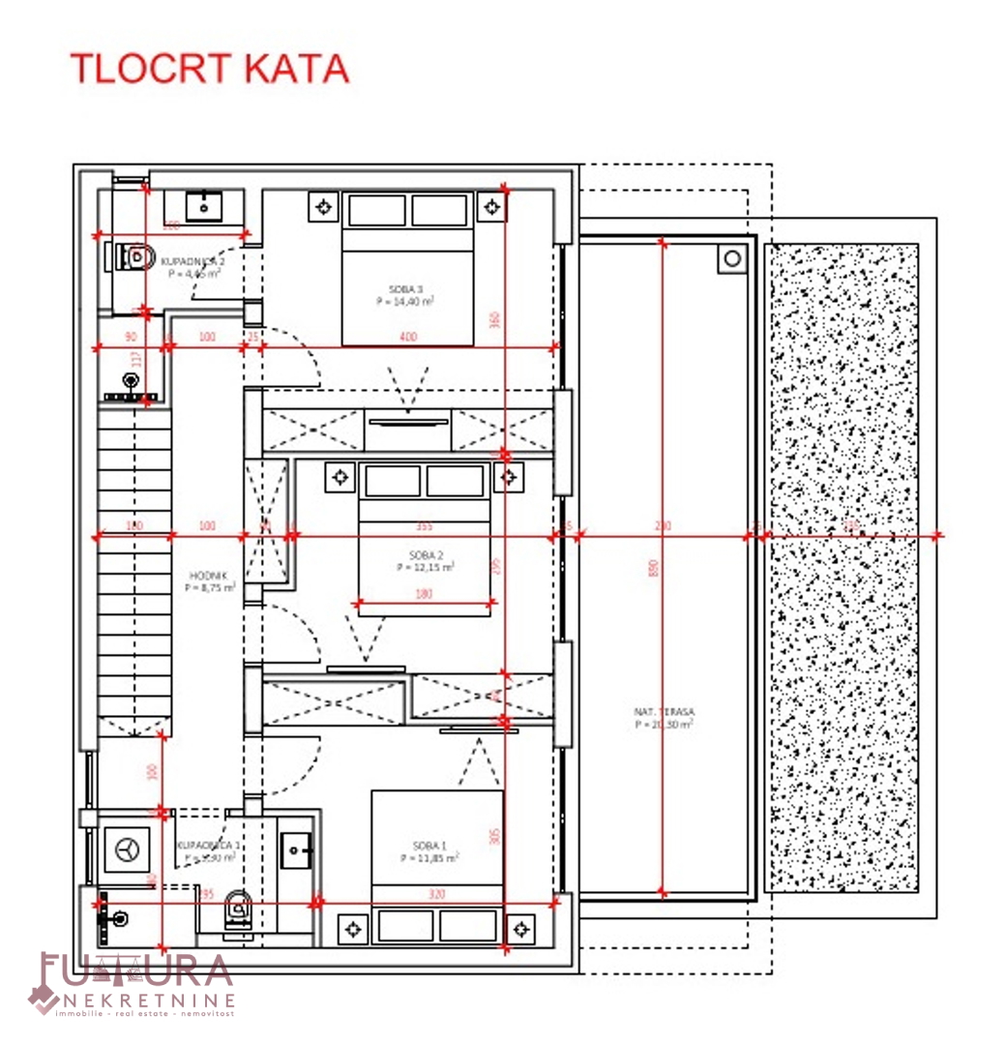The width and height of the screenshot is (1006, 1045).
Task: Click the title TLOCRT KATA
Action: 209,69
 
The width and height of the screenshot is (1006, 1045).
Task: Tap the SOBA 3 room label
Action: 404,289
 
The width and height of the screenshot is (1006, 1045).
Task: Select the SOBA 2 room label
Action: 426,555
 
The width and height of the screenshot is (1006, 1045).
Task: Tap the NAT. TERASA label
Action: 664,711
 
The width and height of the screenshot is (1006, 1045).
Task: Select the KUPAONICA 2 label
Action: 192,261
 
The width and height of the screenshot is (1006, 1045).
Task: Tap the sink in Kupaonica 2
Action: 204,206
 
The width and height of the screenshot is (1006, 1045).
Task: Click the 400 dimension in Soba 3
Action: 409,336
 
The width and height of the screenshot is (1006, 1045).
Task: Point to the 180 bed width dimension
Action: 424,594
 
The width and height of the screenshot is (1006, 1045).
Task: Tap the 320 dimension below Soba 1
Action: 436,894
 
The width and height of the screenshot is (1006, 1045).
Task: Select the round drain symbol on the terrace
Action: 732,258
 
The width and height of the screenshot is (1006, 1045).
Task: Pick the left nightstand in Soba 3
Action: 323,206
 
